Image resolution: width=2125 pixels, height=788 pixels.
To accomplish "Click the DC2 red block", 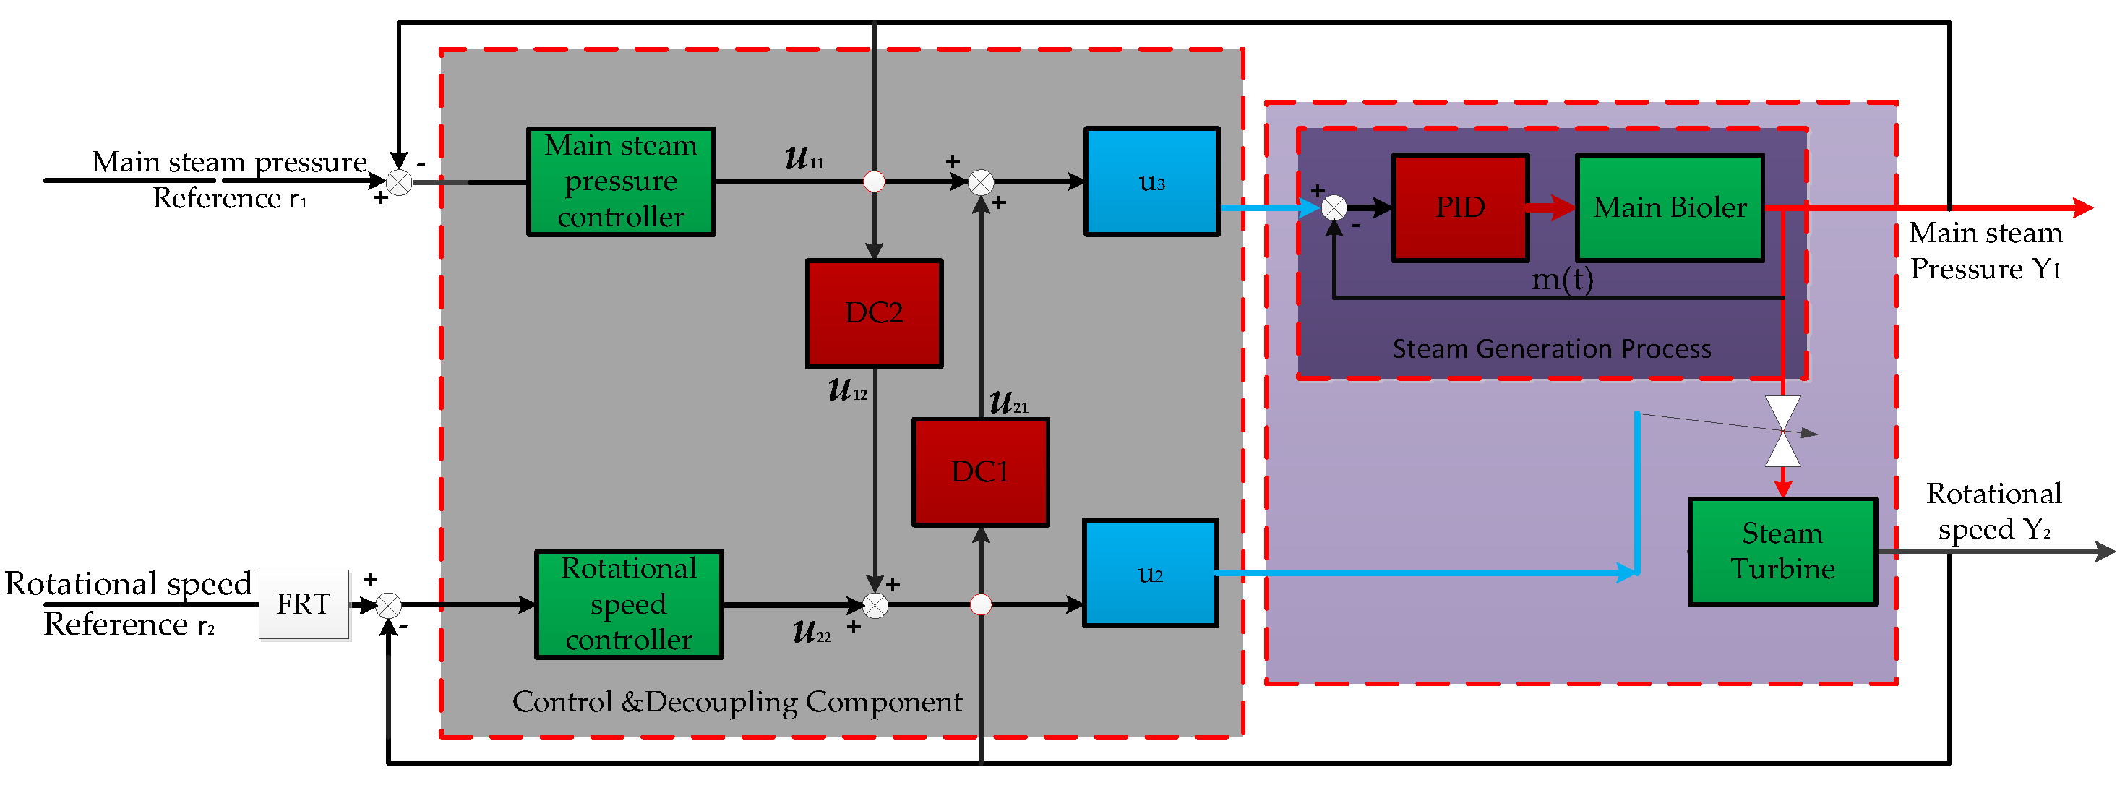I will pyautogui.click(x=874, y=314).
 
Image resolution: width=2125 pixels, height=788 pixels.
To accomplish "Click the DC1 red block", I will pyautogui.click(x=980, y=472).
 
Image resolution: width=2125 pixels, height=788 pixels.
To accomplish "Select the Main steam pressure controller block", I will pyautogui.click(x=620, y=181).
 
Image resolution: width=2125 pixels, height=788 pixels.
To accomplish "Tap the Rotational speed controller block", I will pyautogui.click(x=629, y=604).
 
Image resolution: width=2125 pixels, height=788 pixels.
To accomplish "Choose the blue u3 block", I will pyautogui.click(x=1151, y=181).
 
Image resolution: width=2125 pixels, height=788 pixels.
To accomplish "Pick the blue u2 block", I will pyautogui.click(x=1150, y=573).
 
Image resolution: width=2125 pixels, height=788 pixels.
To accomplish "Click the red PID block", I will pyautogui.click(x=1460, y=208).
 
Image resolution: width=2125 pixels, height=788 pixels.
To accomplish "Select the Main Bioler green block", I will pyautogui.click(x=1670, y=208).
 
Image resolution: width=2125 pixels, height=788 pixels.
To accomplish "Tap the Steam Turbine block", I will pyautogui.click(x=1782, y=551).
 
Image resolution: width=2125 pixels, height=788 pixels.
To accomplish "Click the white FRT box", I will pyautogui.click(x=304, y=604).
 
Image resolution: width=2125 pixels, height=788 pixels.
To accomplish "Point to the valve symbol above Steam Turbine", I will pyautogui.click(x=1782, y=431).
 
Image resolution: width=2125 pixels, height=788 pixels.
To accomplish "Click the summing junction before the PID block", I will pyautogui.click(x=1334, y=208).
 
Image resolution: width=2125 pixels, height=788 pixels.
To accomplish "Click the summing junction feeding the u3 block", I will pyautogui.click(x=980, y=181).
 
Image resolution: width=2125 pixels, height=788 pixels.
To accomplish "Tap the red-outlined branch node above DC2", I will pyautogui.click(x=874, y=181).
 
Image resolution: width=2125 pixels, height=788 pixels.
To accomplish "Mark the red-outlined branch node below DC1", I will pyautogui.click(x=980, y=605).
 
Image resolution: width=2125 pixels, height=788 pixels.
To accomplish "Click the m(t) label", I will pyautogui.click(x=1561, y=279).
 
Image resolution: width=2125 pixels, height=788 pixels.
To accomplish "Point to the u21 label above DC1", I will pyautogui.click(x=1008, y=403).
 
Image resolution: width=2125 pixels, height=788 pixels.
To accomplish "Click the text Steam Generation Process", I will pyautogui.click(x=1551, y=349).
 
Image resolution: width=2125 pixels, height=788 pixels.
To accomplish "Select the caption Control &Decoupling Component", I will pyautogui.click(x=737, y=702).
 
